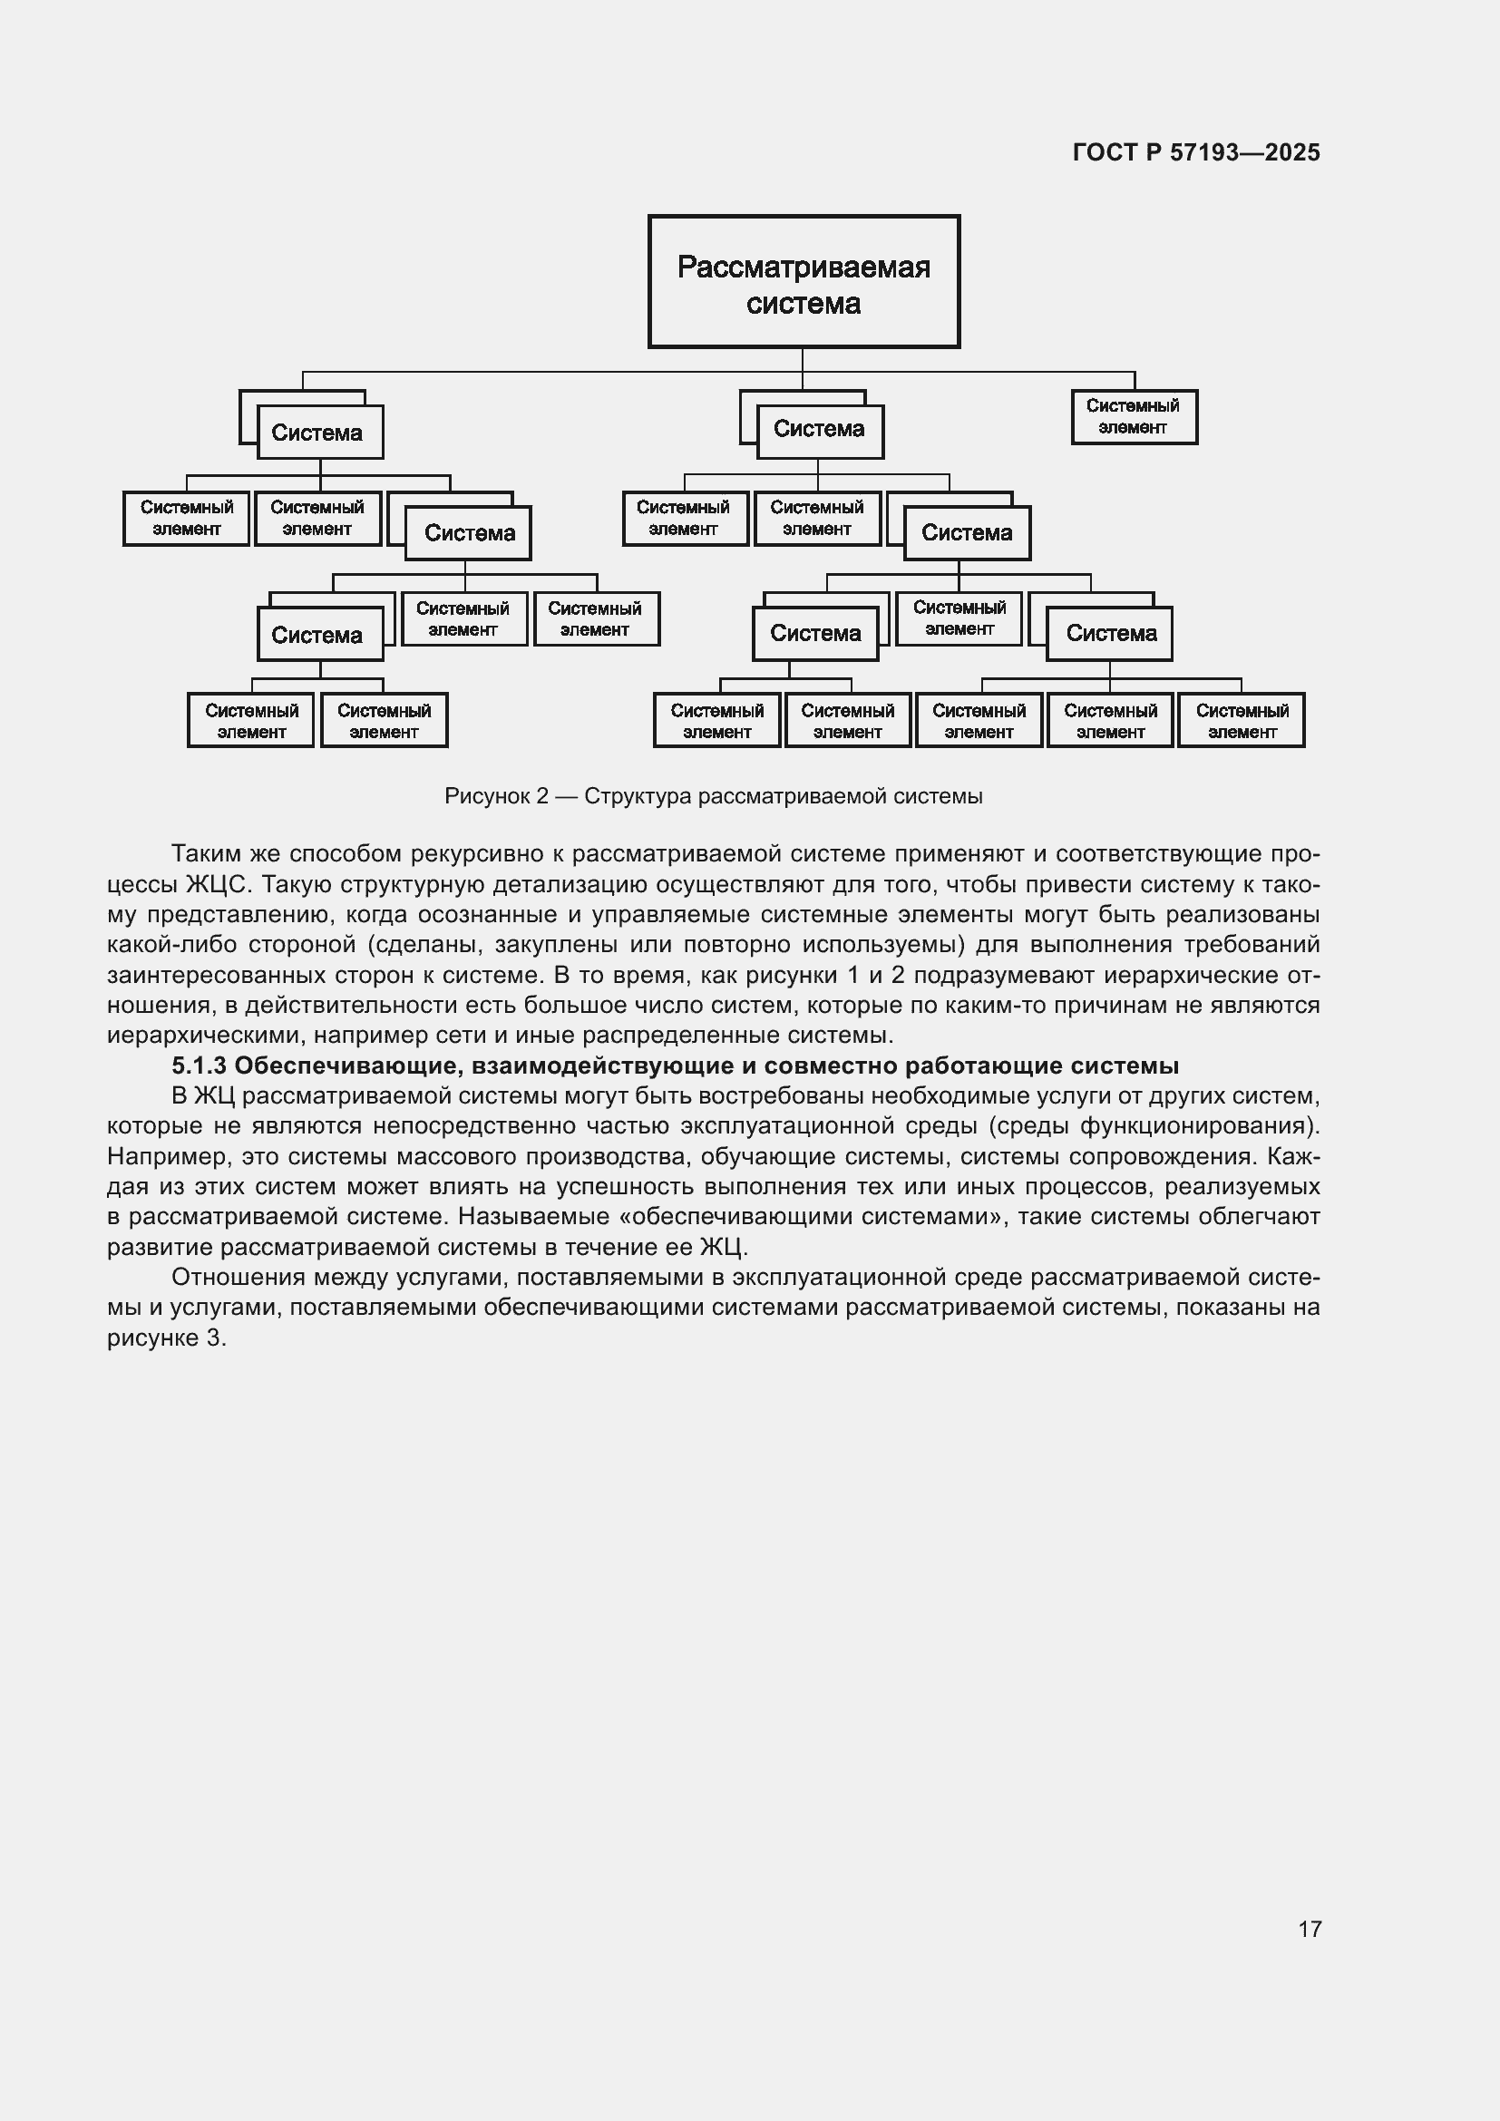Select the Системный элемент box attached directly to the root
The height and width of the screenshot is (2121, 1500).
tap(1134, 416)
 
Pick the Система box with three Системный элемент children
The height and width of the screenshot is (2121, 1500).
tap(1109, 634)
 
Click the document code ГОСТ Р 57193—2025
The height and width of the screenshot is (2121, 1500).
tap(1196, 152)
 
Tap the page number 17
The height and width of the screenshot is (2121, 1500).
tap(1309, 1929)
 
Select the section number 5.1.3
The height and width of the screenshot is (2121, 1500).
tap(199, 1066)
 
